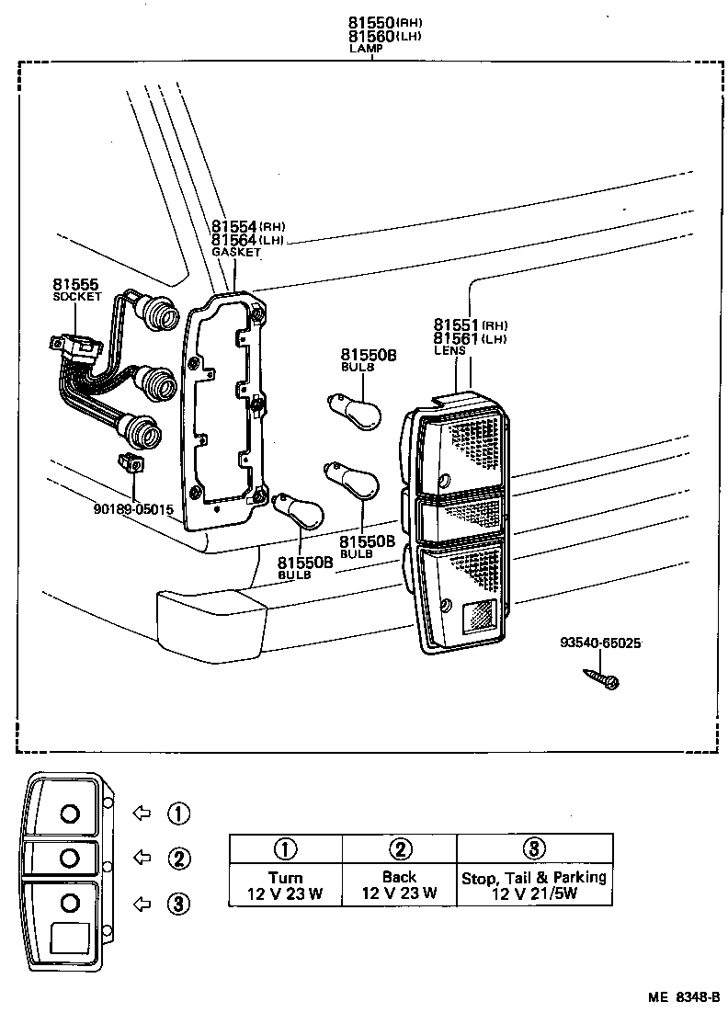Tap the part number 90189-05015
pos(133,508)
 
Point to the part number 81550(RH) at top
pos(372,22)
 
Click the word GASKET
pos(236,252)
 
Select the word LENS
pos(450,350)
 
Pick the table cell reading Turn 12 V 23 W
pos(285,885)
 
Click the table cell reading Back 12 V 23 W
pos(399,885)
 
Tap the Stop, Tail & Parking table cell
pos(534,885)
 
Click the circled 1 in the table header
pos(285,848)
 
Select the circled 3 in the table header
pos(534,848)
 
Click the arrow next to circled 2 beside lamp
pos(142,858)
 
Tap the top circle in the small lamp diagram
pos(70,813)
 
